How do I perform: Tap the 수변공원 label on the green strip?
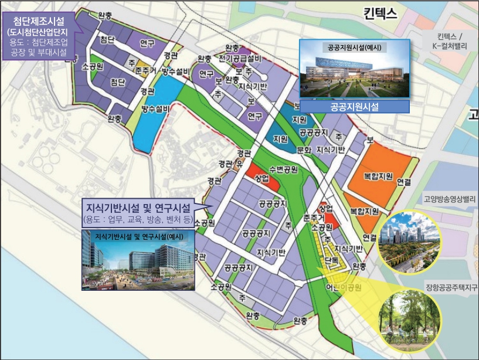click(x=283, y=169)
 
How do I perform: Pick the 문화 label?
click(x=303, y=150)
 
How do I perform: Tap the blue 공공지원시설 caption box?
click(x=354, y=107)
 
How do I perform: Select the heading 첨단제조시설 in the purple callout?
click(x=39, y=21)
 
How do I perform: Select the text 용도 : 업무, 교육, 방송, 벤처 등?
click(x=138, y=220)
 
